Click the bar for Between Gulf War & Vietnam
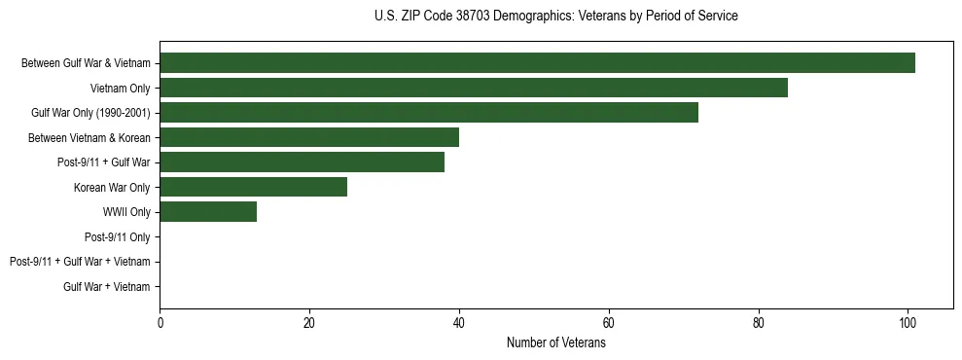pos(537,63)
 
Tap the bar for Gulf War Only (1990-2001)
pos(429,113)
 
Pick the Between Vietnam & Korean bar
pos(309,137)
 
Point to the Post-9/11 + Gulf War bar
pos(302,162)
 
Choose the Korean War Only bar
pos(253,187)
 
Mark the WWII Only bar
pos(208,211)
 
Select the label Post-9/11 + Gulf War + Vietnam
pos(80,262)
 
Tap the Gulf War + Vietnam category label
pos(107,286)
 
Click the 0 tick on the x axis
pos(160,324)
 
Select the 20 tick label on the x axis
pos(309,324)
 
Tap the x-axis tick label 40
pos(459,324)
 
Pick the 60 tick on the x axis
pos(608,324)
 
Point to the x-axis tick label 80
pos(758,324)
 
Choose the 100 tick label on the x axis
pos(908,324)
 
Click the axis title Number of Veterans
pos(555,343)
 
